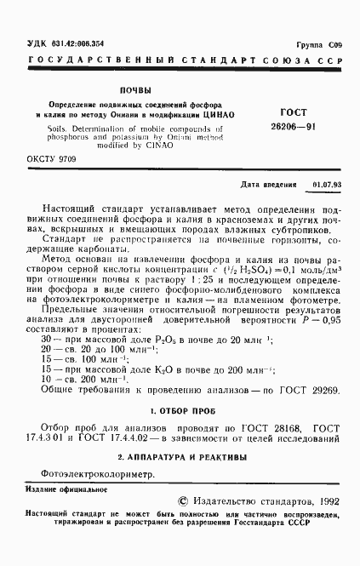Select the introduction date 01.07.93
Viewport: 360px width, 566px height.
click(x=326, y=184)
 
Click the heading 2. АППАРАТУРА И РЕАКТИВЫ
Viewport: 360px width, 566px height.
click(x=180, y=457)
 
